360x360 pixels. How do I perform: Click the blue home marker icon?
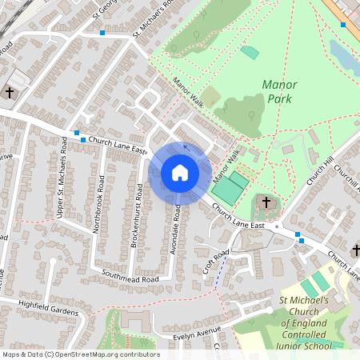(x=179, y=173)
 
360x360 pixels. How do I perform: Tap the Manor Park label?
(x=279, y=91)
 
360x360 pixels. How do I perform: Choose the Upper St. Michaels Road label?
(x=61, y=176)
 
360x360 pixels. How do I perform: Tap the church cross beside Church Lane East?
(x=266, y=203)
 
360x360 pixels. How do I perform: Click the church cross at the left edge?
(x=10, y=92)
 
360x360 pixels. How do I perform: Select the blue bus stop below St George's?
(x=102, y=33)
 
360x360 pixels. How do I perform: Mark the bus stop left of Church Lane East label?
(x=76, y=133)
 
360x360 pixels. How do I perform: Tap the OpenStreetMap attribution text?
(x=80, y=354)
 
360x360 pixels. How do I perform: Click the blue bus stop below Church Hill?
(x=299, y=234)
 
